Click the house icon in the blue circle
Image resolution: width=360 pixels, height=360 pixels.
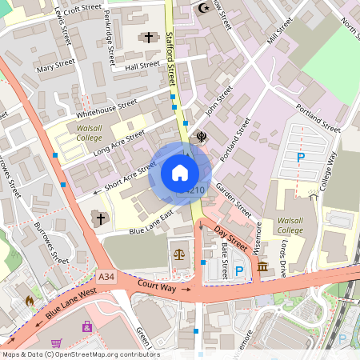(x=180, y=173)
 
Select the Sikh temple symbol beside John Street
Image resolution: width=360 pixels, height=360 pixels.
(x=202, y=137)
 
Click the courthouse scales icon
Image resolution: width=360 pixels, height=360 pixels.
(x=178, y=254)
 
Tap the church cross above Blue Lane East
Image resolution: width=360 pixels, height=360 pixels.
(x=101, y=218)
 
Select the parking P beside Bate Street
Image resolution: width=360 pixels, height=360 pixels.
(x=239, y=271)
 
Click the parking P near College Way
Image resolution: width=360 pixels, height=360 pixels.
(x=301, y=158)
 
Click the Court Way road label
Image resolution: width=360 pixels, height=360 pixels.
(x=156, y=286)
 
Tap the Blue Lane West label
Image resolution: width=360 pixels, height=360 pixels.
(x=70, y=305)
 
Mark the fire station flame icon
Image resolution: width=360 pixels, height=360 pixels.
(x=30, y=302)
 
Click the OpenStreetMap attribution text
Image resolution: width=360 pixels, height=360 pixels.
(x=80, y=354)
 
